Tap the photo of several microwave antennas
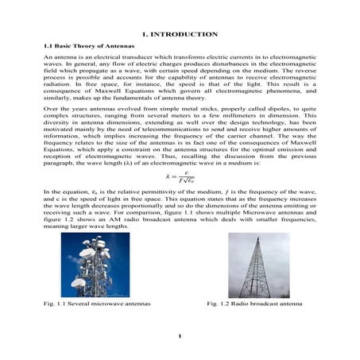tap(90, 265)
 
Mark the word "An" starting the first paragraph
tap(47, 60)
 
